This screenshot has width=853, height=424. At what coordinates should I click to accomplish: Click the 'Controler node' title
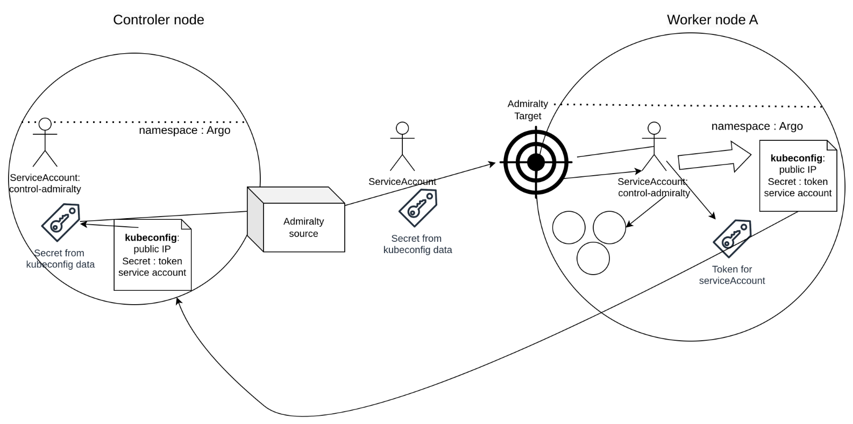pyautogui.click(x=158, y=20)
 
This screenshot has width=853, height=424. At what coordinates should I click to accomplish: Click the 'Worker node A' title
pyautogui.click(x=712, y=20)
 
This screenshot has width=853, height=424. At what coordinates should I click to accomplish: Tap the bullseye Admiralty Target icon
pyautogui.click(x=536, y=162)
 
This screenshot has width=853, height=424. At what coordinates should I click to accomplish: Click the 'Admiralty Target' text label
pyautogui.click(x=528, y=110)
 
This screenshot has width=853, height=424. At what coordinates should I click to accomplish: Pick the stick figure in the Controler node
pyautogui.click(x=45, y=142)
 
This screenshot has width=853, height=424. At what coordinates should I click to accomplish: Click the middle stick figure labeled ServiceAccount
pyautogui.click(x=402, y=146)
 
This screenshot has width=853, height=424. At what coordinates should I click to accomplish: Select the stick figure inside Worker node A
pyautogui.click(x=653, y=147)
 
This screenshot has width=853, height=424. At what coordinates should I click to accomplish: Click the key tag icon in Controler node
pyautogui.click(x=60, y=222)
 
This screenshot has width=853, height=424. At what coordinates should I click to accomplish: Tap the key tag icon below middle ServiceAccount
pyautogui.click(x=417, y=208)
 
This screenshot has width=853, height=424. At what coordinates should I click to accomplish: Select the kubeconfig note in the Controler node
pyautogui.click(x=153, y=255)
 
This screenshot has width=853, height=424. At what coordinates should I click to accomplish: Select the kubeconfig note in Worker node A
pyautogui.click(x=798, y=176)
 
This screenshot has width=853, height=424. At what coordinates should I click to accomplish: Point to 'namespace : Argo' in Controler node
pyautogui.click(x=184, y=130)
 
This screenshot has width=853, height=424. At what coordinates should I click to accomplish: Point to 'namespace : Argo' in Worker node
pyautogui.click(x=757, y=126)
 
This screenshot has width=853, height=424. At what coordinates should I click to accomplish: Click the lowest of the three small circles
pyautogui.click(x=593, y=258)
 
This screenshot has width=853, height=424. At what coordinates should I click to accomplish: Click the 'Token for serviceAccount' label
pyautogui.click(x=731, y=275)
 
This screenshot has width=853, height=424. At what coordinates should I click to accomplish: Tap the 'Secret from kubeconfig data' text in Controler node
pyautogui.click(x=60, y=258)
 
